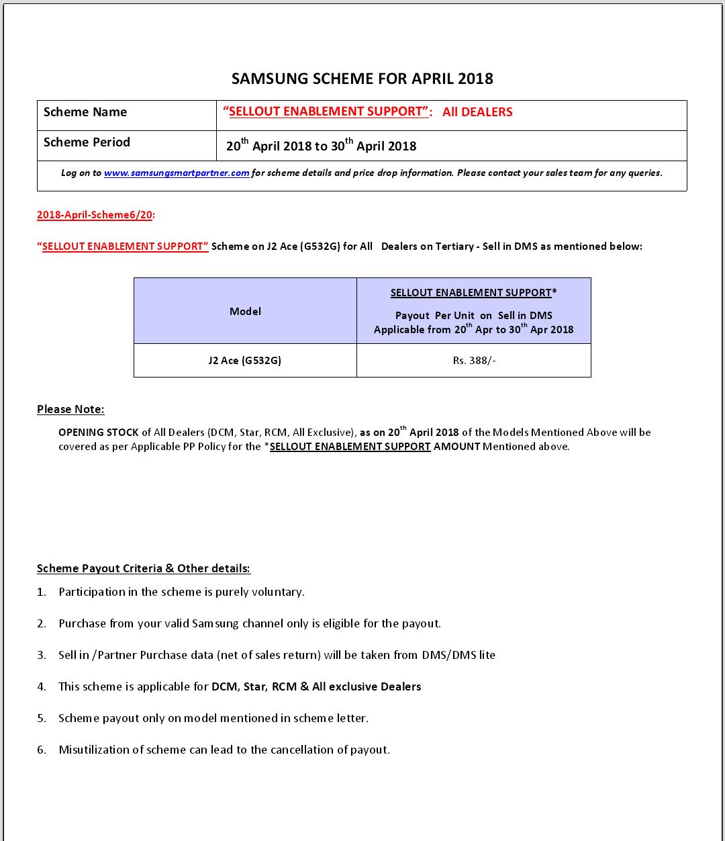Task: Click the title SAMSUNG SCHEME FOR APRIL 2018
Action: (362, 79)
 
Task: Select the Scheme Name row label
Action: (85, 112)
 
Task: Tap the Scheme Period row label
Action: (87, 142)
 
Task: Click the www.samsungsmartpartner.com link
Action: (177, 173)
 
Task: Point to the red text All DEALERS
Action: (477, 112)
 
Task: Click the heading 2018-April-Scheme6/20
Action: (95, 215)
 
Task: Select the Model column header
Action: (245, 311)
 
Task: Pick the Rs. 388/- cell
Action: (474, 361)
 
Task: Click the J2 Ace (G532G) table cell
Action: (245, 361)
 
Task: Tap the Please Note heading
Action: (70, 409)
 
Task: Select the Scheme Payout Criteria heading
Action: (143, 568)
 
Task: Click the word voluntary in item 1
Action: (277, 592)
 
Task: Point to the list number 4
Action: (42, 687)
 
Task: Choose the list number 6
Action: (42, 750)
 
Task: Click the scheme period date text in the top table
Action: (321, 146)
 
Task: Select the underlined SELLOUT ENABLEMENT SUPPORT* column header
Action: (473, 293)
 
